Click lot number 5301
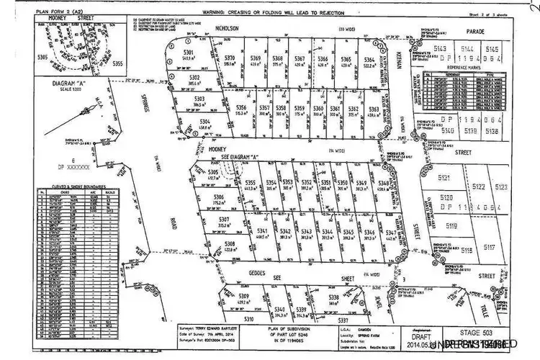(189, 53)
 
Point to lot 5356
(242, 108)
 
